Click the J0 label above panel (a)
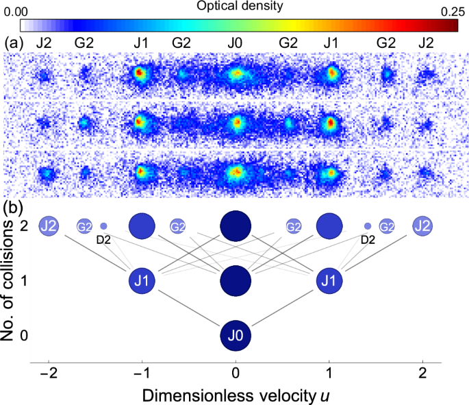[236, 42]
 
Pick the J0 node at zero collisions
[236, 336]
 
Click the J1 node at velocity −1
[142, 281]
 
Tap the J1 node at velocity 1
[329, 281]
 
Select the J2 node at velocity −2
[49, 225]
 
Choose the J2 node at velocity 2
[422, 225]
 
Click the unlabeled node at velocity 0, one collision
[236, 281]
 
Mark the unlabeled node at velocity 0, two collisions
[236, 225]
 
